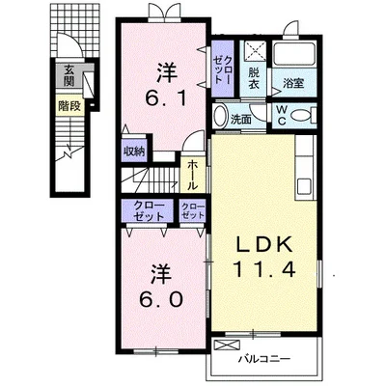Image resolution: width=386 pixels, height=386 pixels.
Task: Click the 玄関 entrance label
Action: (69, 75)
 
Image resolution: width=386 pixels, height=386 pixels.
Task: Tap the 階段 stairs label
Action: (69, 105)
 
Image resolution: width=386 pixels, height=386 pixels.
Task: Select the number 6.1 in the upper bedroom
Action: (165, 98)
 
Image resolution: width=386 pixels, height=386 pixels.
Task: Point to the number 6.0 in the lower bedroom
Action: (161, 299)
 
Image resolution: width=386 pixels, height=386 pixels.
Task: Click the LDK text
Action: (264, 244)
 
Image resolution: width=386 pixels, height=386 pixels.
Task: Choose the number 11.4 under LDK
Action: (263, 269)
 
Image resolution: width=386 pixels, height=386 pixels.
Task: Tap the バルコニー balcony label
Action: (264, 358)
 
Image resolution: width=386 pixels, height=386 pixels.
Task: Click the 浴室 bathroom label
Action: (293, 83)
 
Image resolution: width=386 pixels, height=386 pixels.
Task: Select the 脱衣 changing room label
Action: (254, 79)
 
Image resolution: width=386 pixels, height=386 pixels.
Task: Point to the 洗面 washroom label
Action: (240, 120)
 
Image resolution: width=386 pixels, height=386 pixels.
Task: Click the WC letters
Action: (282, 116)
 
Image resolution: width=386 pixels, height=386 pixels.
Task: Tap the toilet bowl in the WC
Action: (302, 115)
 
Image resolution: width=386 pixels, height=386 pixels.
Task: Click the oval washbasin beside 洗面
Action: (220, 116)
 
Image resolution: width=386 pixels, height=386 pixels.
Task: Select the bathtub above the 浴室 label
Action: (294, 55)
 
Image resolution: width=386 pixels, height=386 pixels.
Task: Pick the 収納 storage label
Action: (134, 151)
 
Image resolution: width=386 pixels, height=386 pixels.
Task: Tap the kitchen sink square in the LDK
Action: (304, 186)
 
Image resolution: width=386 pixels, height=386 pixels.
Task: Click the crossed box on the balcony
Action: (227, 345)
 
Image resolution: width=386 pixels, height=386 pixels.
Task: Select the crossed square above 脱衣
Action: (256, 51)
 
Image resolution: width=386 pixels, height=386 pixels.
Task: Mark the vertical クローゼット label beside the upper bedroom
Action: (223, 69)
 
